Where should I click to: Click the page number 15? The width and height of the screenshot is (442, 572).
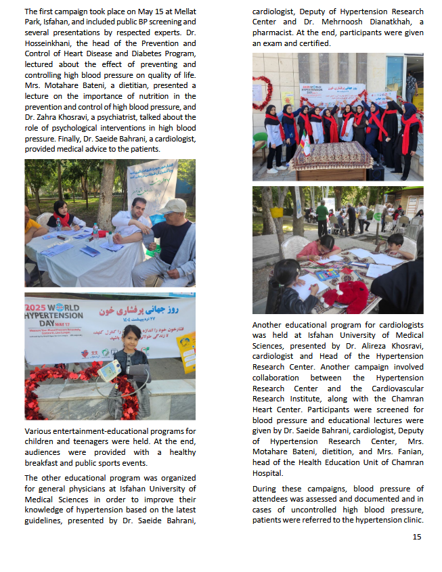click(x=417, y=537)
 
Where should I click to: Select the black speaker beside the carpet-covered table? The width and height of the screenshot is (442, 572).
click(x=376, y=173)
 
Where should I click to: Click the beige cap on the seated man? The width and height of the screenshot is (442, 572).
click(x=173, y=206)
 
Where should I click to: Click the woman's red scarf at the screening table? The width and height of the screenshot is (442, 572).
click(x=62, y=218)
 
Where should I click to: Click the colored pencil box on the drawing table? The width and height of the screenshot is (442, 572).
click(x=328, y=275)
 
